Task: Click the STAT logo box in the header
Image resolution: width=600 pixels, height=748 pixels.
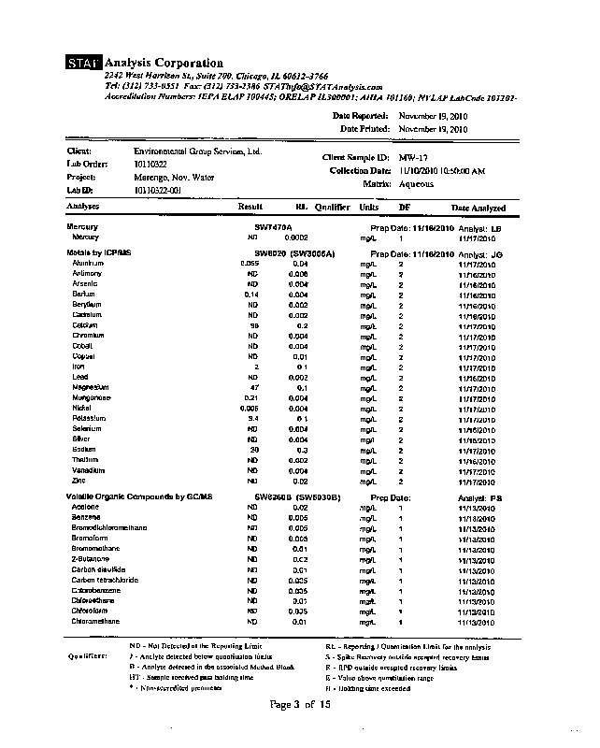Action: pos(84,63)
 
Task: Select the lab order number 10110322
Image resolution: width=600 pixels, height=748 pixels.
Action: pos(150,164)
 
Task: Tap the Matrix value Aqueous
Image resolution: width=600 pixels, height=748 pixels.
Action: pos(417,184)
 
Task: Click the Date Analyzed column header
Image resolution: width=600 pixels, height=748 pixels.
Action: pos(479,208)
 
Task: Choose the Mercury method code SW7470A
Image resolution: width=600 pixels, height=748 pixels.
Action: pos(273,227)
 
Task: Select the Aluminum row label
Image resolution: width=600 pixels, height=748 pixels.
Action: pos(87,264)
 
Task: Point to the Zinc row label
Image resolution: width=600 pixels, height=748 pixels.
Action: pos(79,481)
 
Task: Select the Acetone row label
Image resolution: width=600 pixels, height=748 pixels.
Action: pos(85,507)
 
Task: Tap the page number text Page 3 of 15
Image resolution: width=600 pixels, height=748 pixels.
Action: pos(300,704)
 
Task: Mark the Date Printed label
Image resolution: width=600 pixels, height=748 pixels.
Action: pos(364,128)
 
